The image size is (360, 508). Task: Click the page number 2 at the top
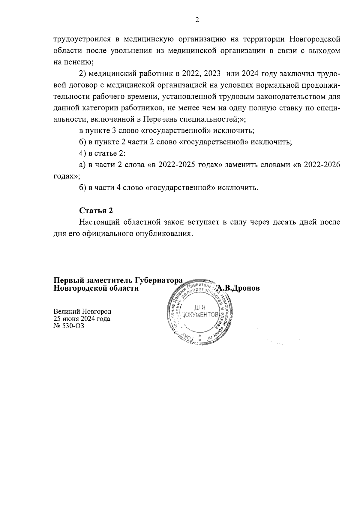pos(197,20)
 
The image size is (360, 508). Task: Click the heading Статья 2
pos(96,210)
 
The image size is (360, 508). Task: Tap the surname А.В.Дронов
pos(238,288)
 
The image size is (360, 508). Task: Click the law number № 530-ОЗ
pos(68,326)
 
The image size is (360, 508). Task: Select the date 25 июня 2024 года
pos(82,319)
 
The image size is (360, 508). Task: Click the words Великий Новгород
pos(82,311)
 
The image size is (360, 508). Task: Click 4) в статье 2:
pos(102,153)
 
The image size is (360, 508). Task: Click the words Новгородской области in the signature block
pos(96,288)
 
